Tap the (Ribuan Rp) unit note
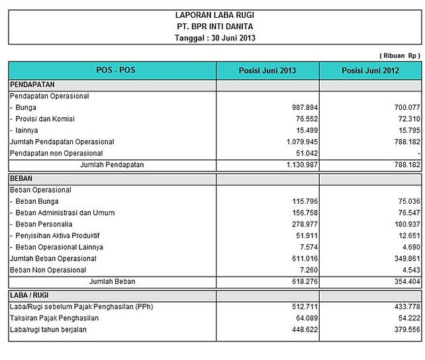(x=401, y=56)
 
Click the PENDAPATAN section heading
(x=32, y=85)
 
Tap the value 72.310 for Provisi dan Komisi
(x=404, y=118)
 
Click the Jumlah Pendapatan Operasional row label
(x=62, y=142)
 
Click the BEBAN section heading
(x=22, y=179)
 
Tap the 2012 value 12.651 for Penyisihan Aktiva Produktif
(x=404, y=236)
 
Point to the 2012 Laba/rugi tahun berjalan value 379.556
(x=402, y=330)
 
